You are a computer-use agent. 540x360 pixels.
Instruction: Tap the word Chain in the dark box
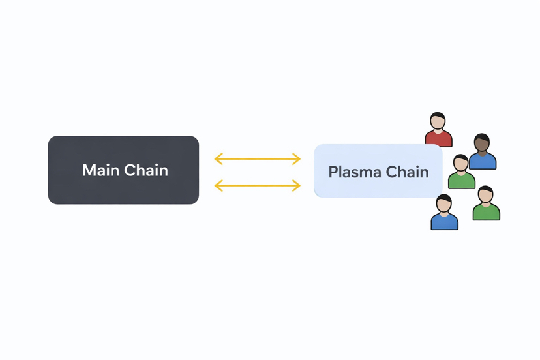tap(146, 170)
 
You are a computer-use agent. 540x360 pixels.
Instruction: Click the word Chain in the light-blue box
tap(407, 172)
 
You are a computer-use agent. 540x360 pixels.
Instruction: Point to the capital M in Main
tap(89, 170)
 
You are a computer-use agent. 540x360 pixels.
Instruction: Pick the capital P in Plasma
tap(333, 172)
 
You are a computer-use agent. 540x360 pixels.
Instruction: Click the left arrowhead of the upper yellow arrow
tap(218, 159)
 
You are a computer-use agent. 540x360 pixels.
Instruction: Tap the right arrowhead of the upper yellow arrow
tap(297, 159)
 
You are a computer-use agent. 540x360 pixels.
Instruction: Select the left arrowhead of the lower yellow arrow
tap(218, 185)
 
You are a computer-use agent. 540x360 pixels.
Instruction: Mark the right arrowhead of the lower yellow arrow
tap(297, 185)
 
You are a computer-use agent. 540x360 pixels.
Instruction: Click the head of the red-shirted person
tap(438, 121)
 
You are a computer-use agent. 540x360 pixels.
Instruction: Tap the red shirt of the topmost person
tap(438, 138)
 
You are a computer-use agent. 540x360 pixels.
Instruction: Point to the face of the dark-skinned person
tap(481, 143)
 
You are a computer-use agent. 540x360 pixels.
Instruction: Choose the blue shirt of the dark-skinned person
tap(483, 160)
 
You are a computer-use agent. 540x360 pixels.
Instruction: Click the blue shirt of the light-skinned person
tap(445, 221)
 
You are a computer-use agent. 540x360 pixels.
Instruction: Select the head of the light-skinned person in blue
tap(443, 203)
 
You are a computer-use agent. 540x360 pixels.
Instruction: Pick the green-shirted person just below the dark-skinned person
tap(462, 172)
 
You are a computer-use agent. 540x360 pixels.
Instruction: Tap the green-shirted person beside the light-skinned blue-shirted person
tap(487, 203)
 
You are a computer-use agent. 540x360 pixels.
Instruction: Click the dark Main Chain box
tap(124, 170)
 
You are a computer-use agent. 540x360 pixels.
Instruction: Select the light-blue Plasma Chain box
tap(378, 171)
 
